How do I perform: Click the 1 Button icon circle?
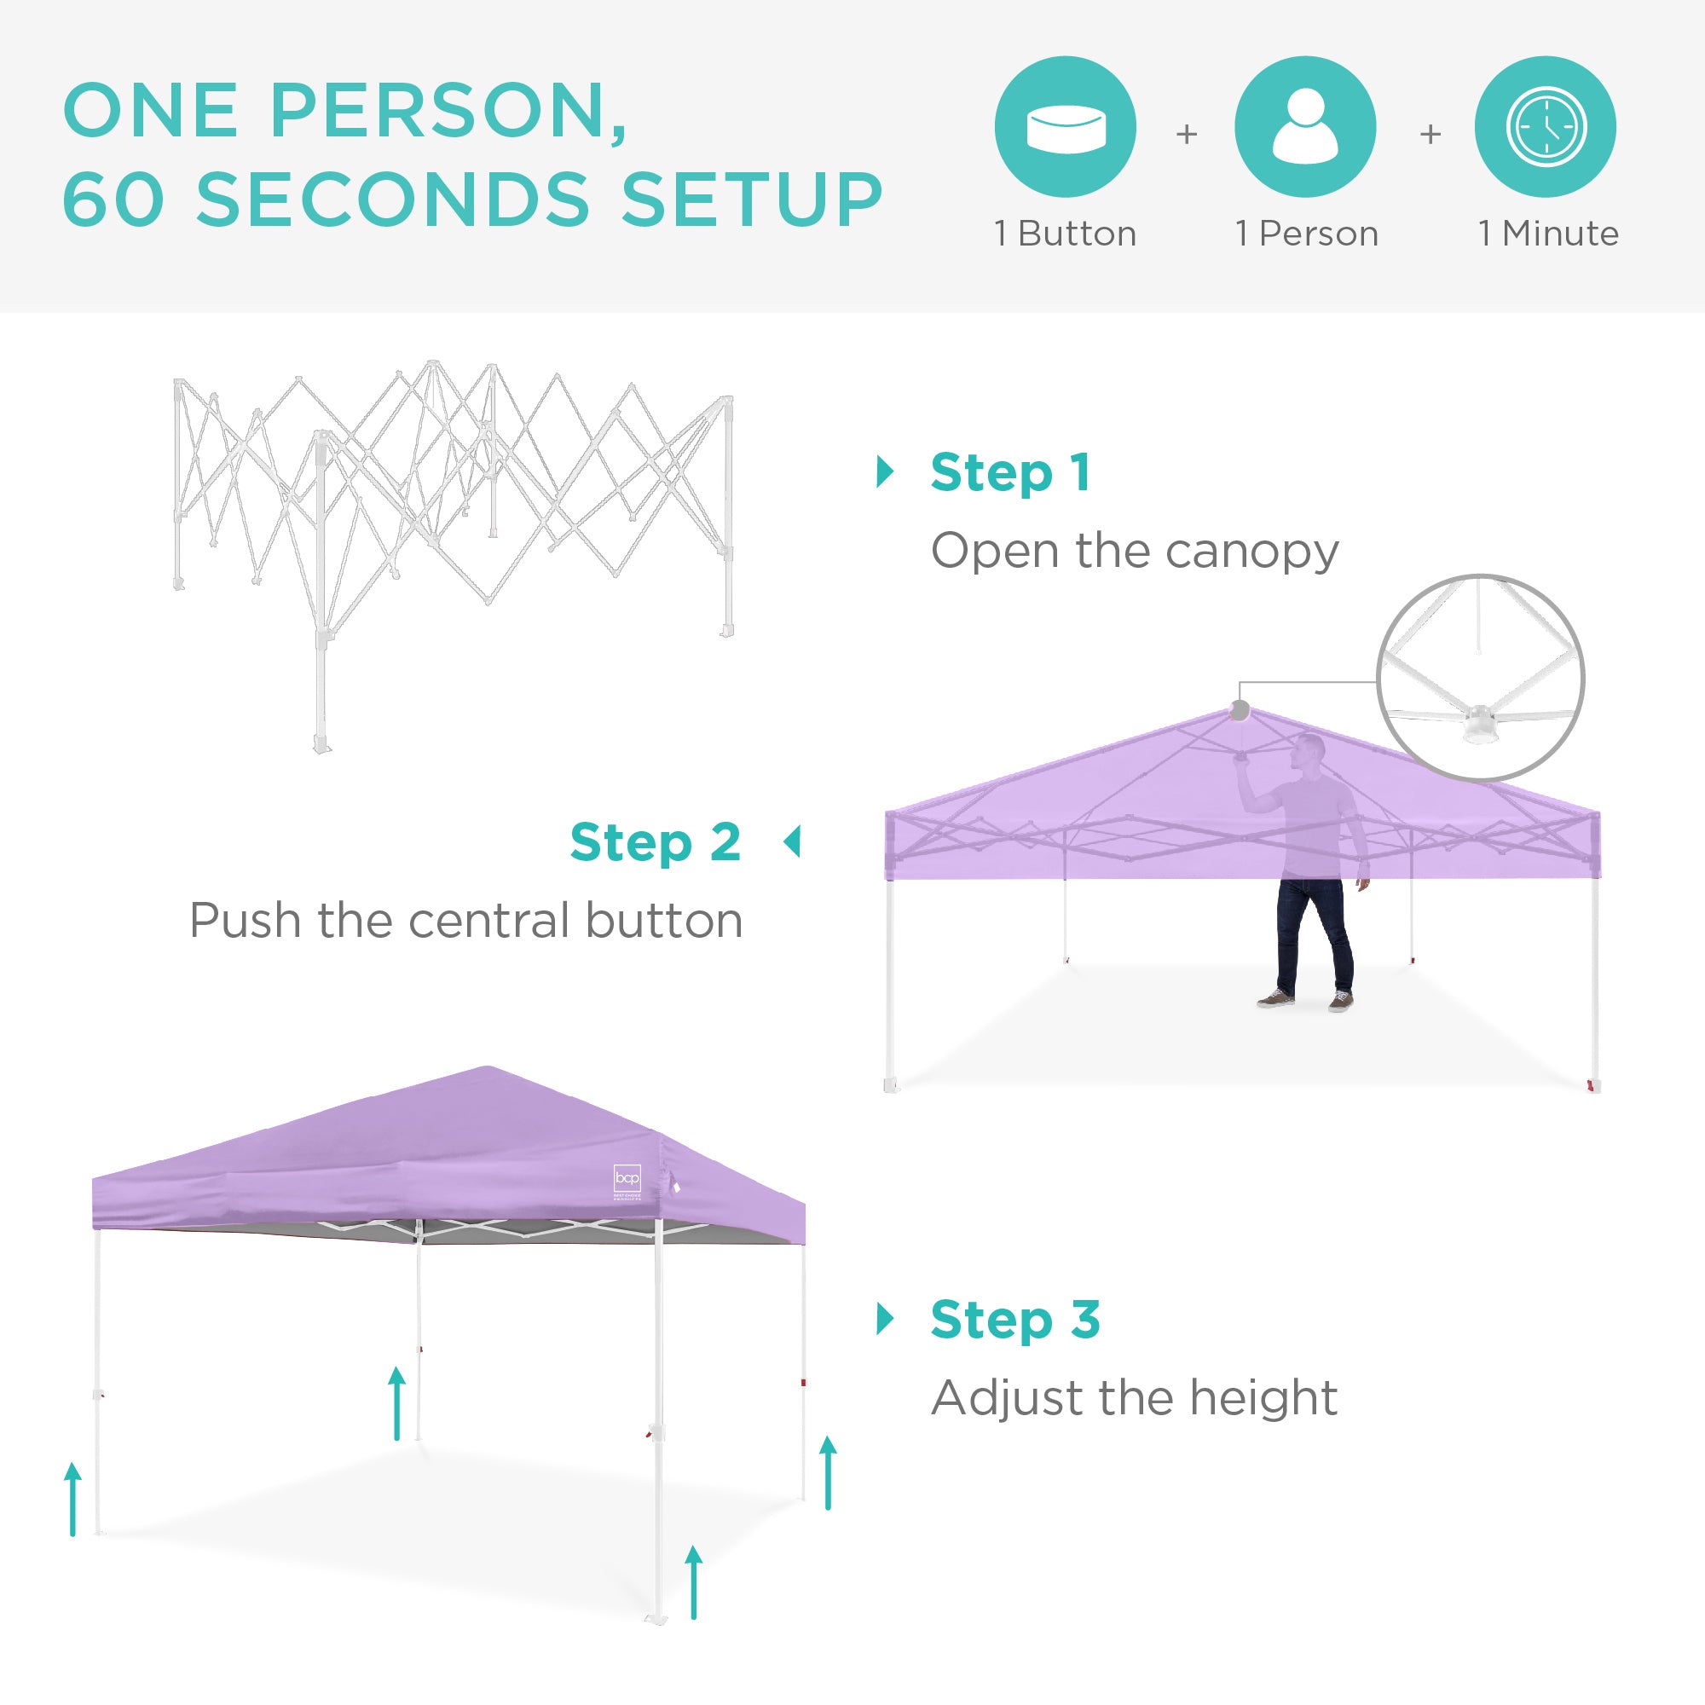(1065, 127)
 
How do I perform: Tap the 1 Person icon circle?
(1305, 127)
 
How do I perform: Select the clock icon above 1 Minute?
(1546, 127)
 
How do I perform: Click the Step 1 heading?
(1010, 473)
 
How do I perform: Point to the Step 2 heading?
(655, 842)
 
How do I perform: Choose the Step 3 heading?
(1014, 1320)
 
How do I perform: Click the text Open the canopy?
(1135, 551)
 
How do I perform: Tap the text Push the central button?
(466, 921)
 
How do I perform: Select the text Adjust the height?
(1135, 1398)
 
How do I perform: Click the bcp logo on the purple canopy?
(627, 1178)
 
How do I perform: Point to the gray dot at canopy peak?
(1240, 709)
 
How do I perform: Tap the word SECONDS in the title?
(393, 199)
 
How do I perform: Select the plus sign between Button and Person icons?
(1187, 134)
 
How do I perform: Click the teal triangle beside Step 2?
(792, 842)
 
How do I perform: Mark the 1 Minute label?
(1549, 234)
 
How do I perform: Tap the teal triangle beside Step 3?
(885, 1320)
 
